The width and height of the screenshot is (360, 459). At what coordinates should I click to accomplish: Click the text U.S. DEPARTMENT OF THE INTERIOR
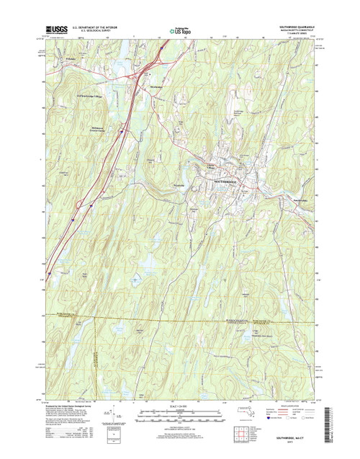coord(99,27)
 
